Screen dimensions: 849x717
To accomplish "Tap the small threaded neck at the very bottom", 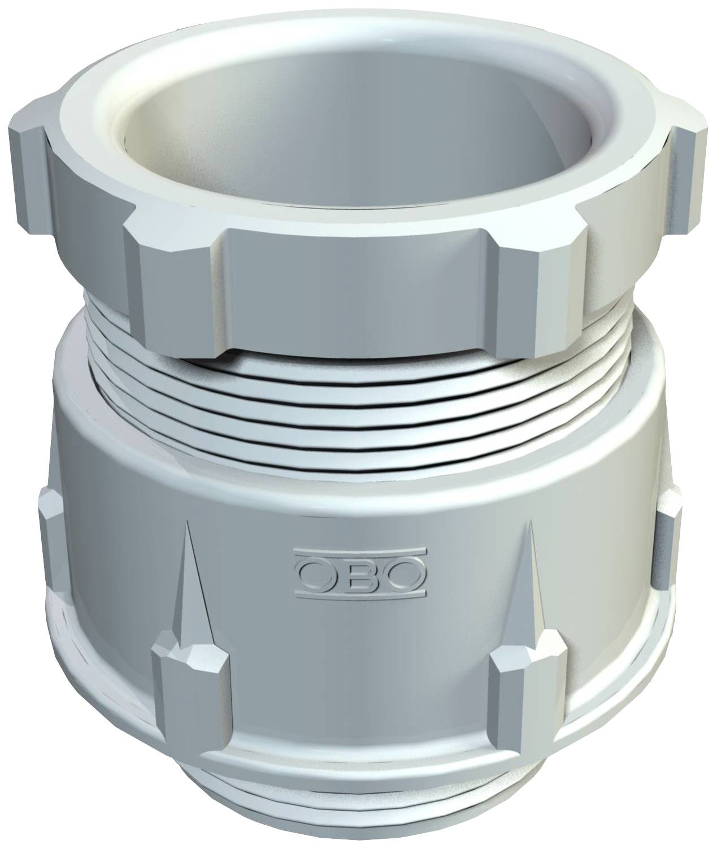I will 362,814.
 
